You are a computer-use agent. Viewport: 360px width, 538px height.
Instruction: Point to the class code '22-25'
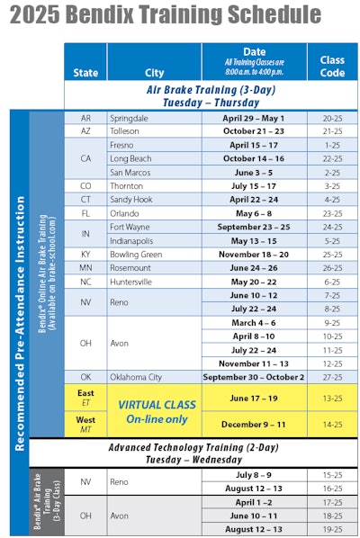331,157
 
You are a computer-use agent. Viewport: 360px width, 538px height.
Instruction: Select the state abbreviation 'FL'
85,214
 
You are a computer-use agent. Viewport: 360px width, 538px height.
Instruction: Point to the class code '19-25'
331,529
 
